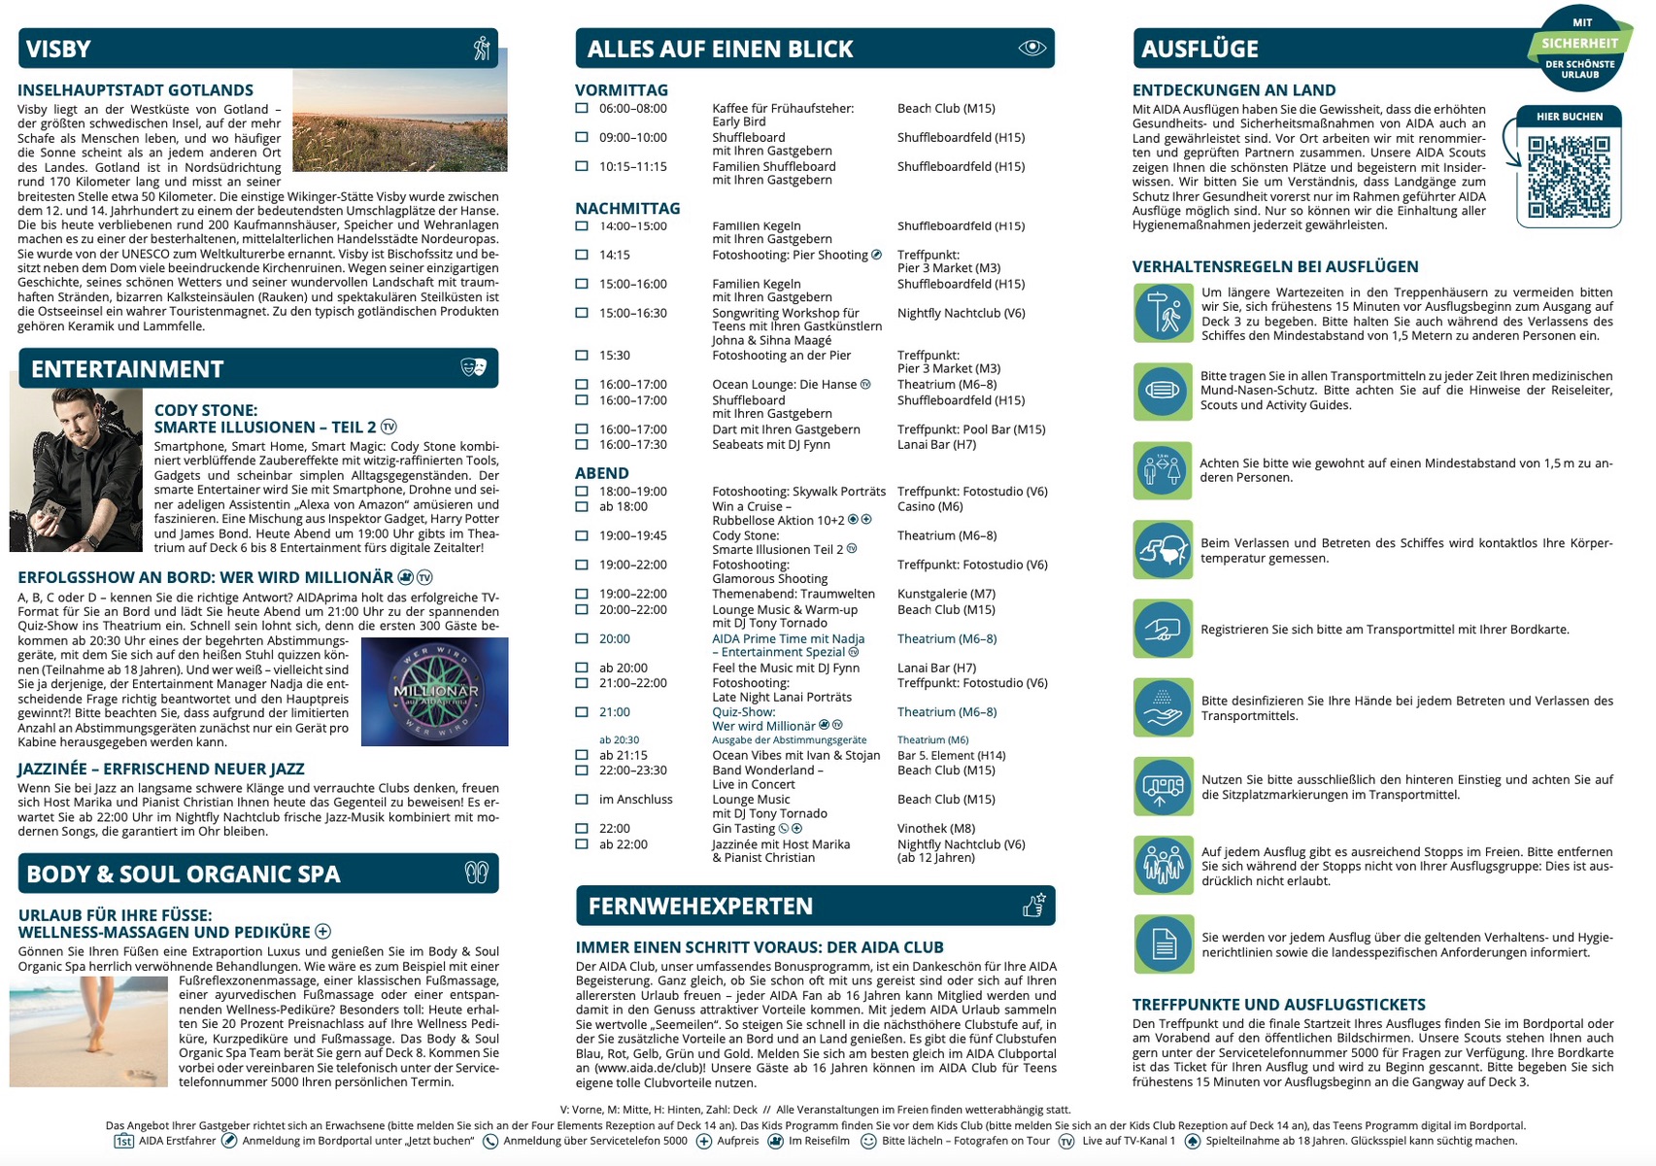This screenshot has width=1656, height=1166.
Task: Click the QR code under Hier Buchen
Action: (x=1568, y=176)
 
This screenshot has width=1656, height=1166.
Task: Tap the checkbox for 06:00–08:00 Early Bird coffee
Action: (x=582, y=109)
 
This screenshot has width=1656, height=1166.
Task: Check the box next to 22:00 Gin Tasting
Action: (x=582, y=829)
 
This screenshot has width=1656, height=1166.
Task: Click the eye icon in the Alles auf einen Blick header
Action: (x=1031, y=48)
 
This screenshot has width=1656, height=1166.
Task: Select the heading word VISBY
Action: (x=58, y=49)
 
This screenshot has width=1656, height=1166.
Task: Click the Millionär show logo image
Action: (x=434, y=692)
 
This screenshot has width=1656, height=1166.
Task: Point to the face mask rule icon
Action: (x=1163, y=391)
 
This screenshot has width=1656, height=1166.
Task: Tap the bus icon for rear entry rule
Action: (x=1163, y=786)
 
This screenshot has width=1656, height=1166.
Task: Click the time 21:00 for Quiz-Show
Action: (x=614, y=712)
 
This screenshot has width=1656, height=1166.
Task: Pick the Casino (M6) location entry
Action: (x=929, y=506)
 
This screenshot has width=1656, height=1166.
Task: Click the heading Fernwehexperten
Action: (x=700, y=906)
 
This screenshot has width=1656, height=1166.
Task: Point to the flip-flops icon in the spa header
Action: (x=476, y=873)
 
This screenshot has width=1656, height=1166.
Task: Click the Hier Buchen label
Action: (x=1569, y=117)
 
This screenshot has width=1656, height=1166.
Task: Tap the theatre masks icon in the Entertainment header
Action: (x=473, y=367)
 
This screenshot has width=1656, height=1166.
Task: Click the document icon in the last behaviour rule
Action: (x=1163, y=943)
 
